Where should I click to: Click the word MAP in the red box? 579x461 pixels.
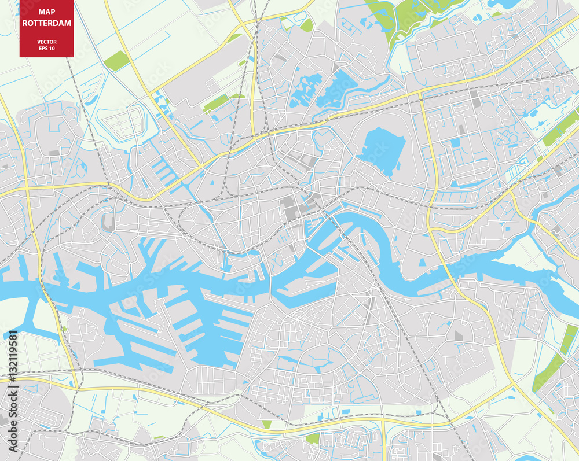coord(46,12)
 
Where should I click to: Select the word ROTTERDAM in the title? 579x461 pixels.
coord(46,23)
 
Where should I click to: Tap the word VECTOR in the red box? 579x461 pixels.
coord(46,42)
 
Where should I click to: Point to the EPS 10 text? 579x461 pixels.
coord(46,48)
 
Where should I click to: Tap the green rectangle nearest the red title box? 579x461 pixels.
coord(116,60)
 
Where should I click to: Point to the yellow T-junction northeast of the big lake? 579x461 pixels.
coord(420,93)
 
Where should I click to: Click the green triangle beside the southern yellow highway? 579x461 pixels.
coord(267,425)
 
